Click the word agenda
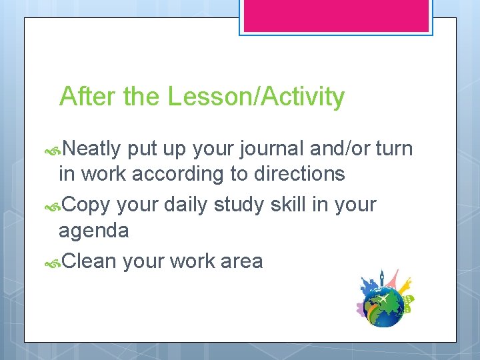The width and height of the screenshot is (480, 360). click(93, 231)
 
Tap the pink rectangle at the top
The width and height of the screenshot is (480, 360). click(336, 15)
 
